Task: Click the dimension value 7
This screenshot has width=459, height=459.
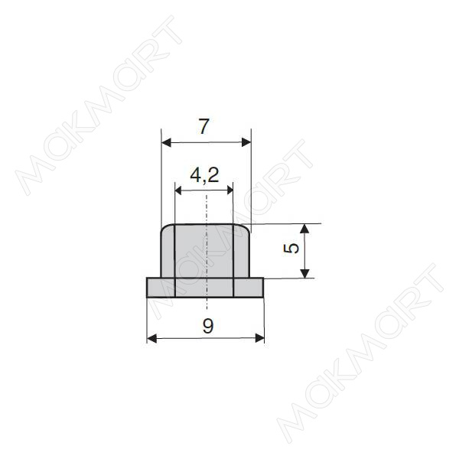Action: (203, 128)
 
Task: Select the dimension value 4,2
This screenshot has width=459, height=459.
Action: (204, 175)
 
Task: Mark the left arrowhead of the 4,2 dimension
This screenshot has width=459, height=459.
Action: (179, 190)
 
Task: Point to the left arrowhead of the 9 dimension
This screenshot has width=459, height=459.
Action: (151, 337)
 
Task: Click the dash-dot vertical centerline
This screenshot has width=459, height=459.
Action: (206, 252)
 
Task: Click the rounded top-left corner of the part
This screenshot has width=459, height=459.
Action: (164, 228)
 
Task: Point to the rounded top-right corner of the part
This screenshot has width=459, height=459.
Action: (247, 228)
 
